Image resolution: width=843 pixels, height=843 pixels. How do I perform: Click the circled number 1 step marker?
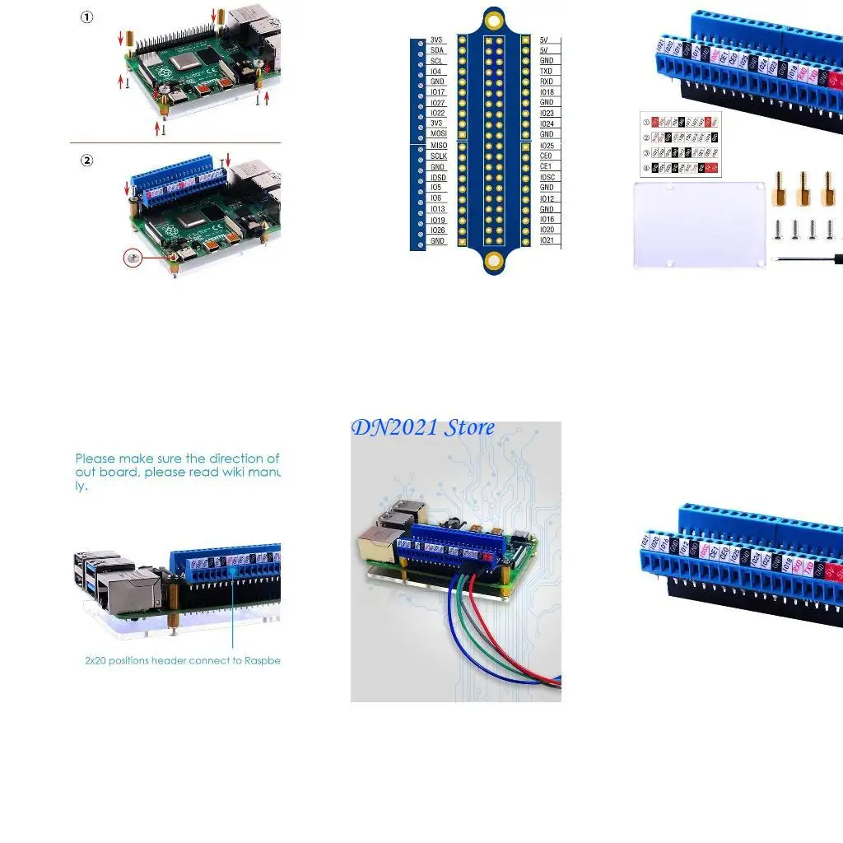click(87, 17)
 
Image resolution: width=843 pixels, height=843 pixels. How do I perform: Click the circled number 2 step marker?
click(87, 161)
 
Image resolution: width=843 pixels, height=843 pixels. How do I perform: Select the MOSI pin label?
click(439, 133)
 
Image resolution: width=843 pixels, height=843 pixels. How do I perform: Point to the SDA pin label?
click(437, 50)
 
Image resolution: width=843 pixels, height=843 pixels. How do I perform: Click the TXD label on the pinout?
click(547, 72)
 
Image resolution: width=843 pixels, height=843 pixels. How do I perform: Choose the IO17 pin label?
click(438, 92)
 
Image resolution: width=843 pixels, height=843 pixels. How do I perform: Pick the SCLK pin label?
click(439, 156)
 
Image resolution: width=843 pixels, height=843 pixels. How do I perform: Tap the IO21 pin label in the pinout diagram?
click(547, 240)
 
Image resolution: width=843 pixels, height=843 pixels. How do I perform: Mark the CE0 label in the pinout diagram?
click(546, 156)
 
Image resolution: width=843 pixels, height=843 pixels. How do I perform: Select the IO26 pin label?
click(438, 231)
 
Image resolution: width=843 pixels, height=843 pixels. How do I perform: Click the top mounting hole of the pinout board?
click(493, 19)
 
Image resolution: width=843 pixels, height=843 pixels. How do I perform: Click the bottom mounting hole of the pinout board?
click(493, 262)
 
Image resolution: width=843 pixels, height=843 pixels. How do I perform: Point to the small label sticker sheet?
click(681, 144)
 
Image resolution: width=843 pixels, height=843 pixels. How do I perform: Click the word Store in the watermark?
click(469, 427)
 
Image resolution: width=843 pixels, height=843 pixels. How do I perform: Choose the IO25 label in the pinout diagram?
click(547, 145)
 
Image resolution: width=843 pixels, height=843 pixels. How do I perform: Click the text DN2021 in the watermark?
click(394, 427)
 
